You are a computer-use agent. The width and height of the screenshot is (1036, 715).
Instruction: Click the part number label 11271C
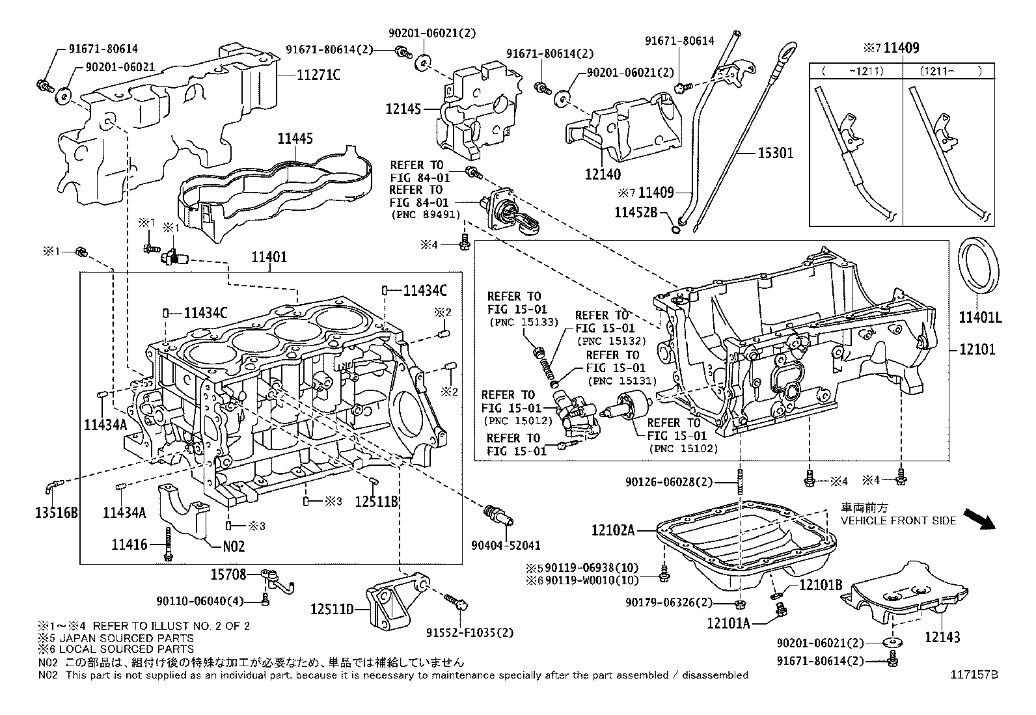pyautogui.click(x=318, y=75)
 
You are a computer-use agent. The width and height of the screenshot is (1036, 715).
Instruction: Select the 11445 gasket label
pyautogui.click(x=295, y=138)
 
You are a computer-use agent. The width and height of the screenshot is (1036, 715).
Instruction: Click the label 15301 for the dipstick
pyautogui.click(x=776, y=153)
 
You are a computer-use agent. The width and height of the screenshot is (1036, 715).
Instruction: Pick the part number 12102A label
pyautogui.click(x=612, y=530)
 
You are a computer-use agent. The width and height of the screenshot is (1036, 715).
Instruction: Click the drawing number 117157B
pyautogui.click(x=973, y=675)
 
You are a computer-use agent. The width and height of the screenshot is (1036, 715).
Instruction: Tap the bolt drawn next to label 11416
pyautogui.click(x=169, y=543)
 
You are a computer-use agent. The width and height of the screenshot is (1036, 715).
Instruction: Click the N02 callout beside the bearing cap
pyautogui.click(x=234, y=546)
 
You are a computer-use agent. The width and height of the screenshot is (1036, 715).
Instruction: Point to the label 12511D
pyautogui.click(x=331, y=609)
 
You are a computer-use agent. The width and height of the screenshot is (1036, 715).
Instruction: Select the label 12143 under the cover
pyautogui.click(x=942, y=638)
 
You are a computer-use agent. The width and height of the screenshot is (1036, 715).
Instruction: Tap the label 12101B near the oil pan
pyautogui.click(x=820, y=584)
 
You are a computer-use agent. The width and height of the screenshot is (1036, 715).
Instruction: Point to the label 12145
pyautogui.click(x=403, y=109)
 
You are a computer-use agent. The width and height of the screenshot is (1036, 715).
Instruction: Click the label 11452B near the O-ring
pyautogui.click(x=636, y=212)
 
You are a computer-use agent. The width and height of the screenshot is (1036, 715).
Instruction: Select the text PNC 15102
pyautogui.click(x=683, y=448)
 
